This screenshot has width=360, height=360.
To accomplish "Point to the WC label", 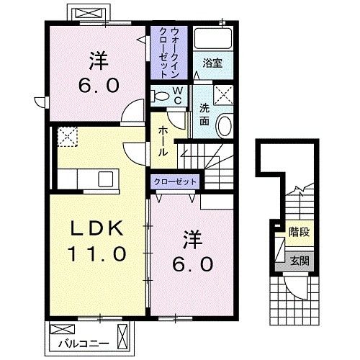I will click(x=178, y=95).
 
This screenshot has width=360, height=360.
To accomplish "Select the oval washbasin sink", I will click(x=225, y=125).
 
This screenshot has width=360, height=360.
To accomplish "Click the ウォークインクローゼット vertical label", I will click(x=164, y=52).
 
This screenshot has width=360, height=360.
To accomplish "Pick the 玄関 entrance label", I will click(x=298, y=261).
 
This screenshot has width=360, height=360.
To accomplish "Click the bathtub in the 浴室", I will click(x=213, y=40).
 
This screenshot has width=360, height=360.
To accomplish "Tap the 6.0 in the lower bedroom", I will click(x=191, y=264).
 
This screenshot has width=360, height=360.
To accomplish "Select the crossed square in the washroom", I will click(x=223, y=93).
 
